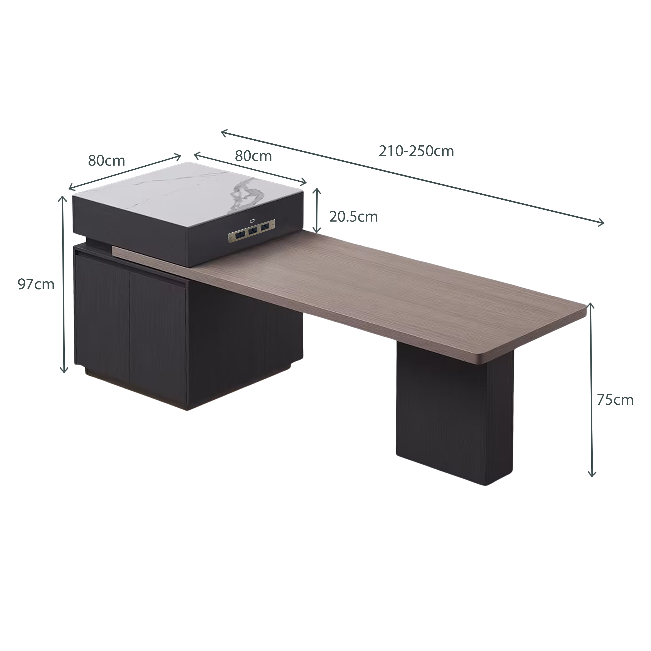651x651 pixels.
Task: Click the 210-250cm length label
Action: (416, 151)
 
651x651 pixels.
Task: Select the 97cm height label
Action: (36, 284)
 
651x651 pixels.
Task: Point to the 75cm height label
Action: (615, 400)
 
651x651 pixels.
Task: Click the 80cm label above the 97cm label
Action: (107, 161)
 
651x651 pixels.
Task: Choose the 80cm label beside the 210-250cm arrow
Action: (253, 156)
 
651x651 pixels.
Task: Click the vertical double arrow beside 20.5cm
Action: (316, 210)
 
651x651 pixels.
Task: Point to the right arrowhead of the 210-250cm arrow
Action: (600, 222)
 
